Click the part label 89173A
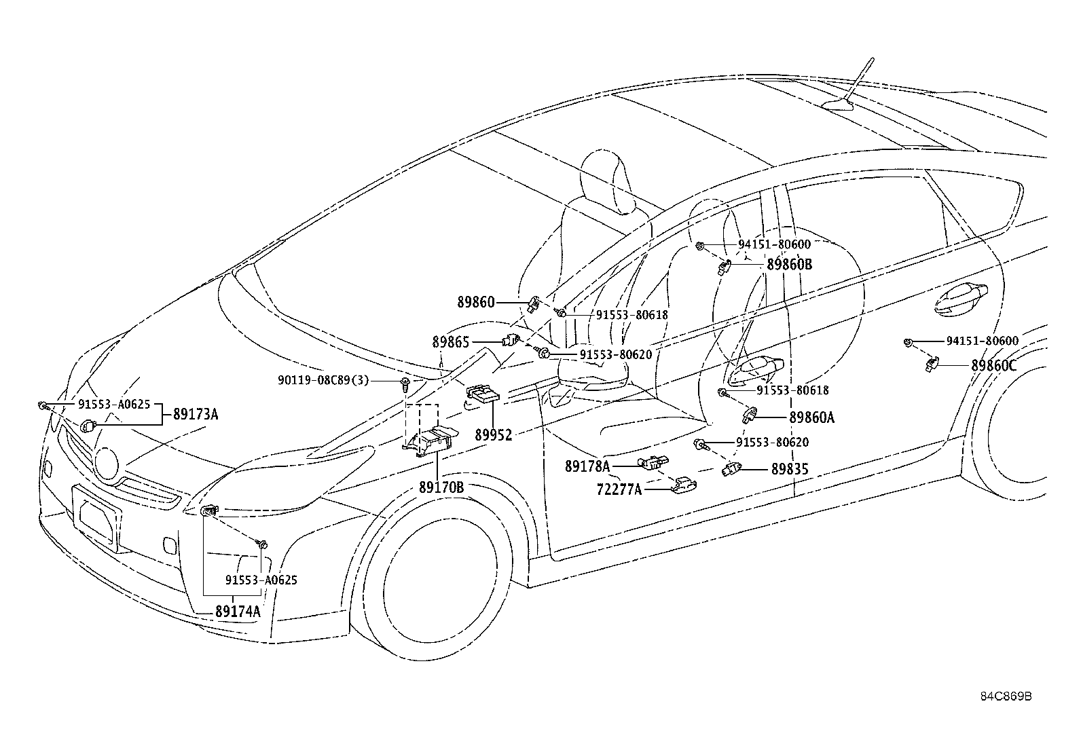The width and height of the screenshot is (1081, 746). pos(196,414)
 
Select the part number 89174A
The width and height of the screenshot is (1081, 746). pos(238,611)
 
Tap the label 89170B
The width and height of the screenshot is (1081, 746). pos(441,487)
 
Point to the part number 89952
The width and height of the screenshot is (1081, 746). pos(493,435)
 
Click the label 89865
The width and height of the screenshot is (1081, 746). pos(450,342)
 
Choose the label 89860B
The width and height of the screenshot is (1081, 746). pos(789,265)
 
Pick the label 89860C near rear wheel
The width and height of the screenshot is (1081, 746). pos(993,365)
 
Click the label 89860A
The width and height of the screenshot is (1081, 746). pos(811,418)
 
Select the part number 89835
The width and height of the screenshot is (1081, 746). pos(790,469)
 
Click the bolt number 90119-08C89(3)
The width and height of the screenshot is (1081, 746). pos(323,381)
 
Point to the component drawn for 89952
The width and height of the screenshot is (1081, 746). pos(482,394)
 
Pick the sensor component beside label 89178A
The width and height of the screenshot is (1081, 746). pos(650,464)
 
